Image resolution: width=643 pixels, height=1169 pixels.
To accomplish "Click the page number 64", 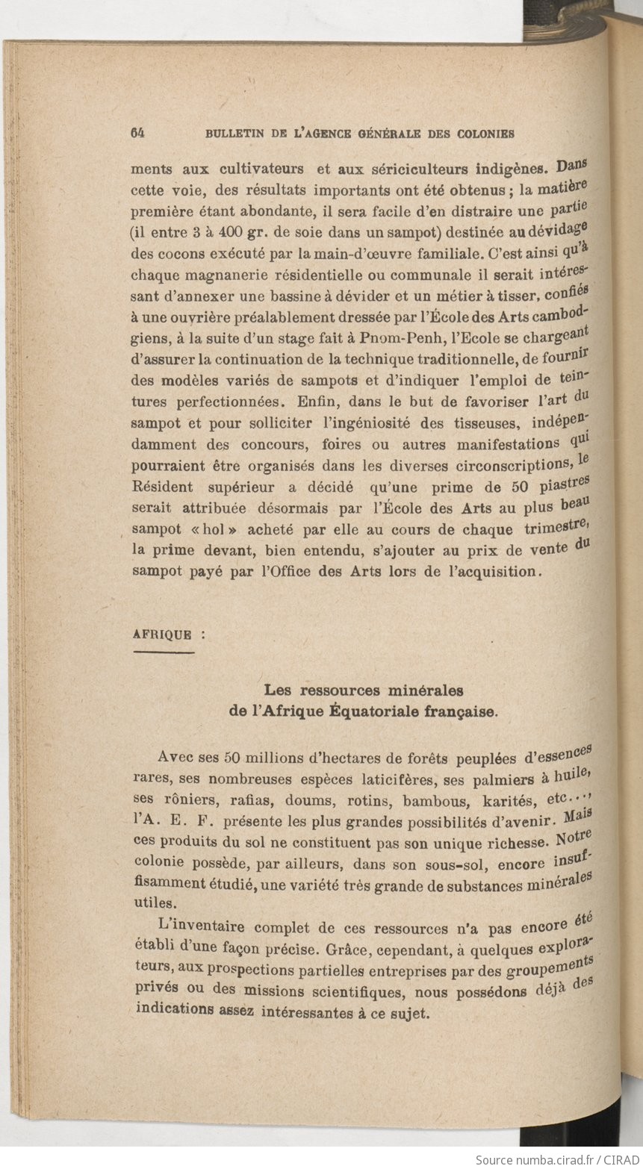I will point(137,134).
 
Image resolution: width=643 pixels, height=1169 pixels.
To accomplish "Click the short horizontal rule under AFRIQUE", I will point(163,653).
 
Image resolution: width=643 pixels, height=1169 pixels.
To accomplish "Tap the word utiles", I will point(152,902).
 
